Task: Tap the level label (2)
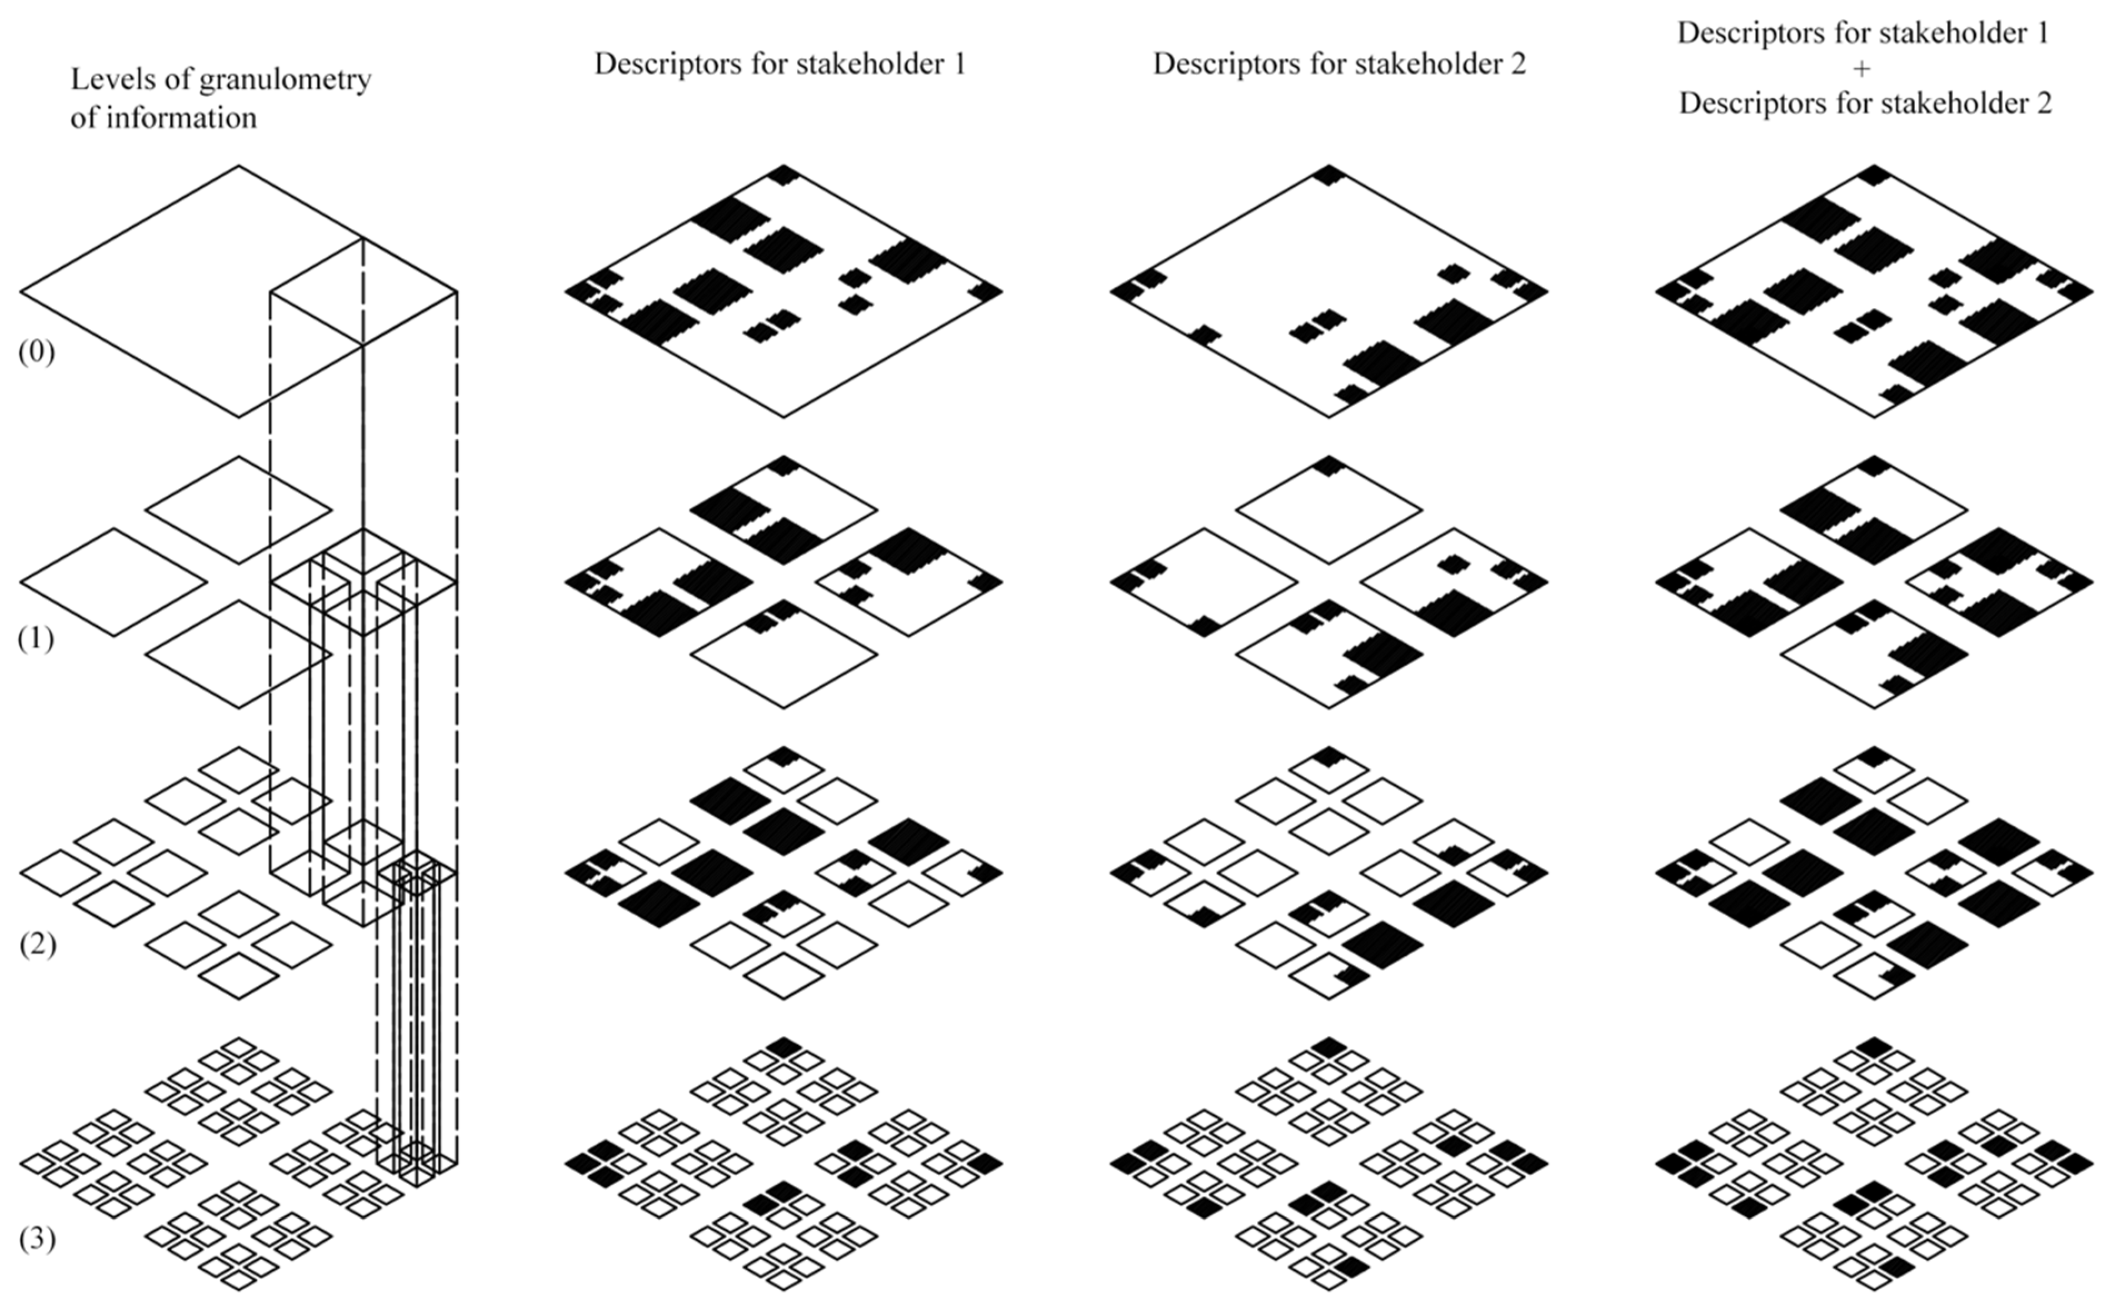pos(37,944)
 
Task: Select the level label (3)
pos(37,1239)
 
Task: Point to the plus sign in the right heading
pos(1861,68)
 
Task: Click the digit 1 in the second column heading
pos(960,64)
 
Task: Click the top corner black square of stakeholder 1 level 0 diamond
pos(783,174)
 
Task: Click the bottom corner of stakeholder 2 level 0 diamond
pos(1329,416)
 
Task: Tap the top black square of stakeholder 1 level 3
pos(783,1046)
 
